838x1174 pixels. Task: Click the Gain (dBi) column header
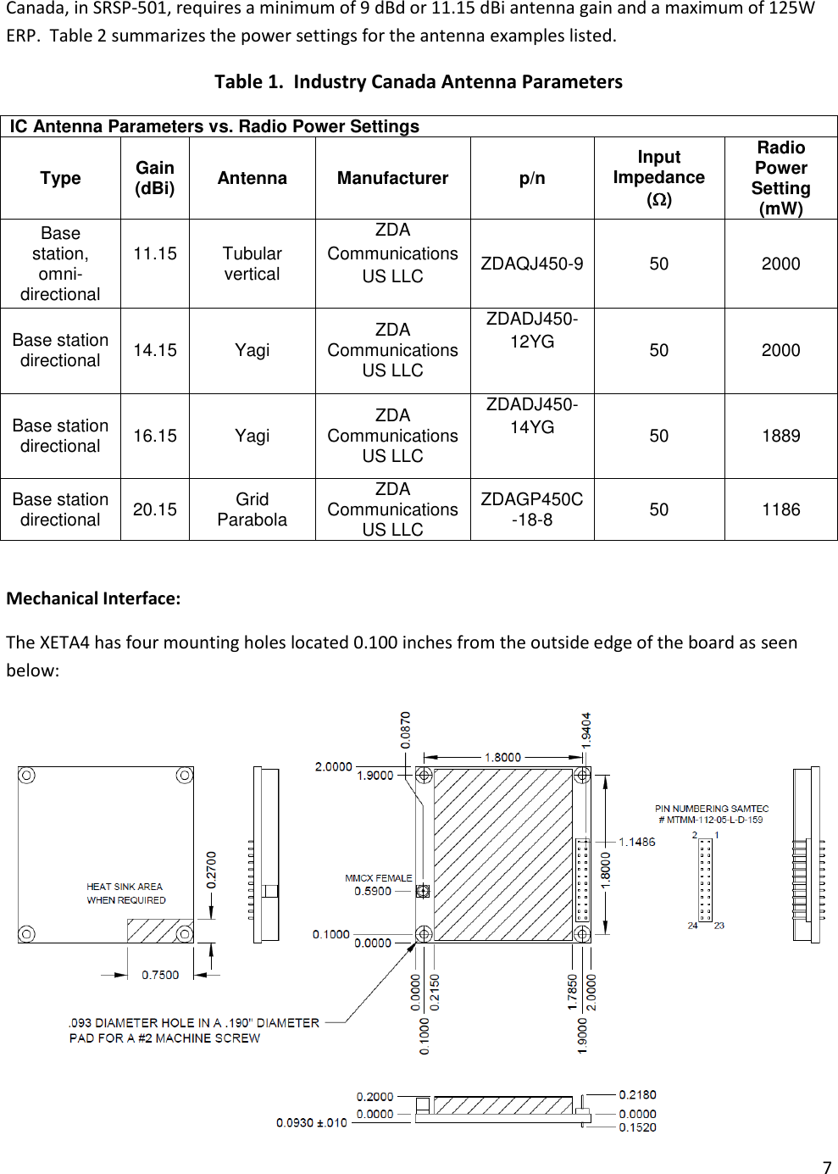pos(155,178)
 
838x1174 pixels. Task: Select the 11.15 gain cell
pos(155,253)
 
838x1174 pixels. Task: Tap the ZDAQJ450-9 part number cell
pos(532,264)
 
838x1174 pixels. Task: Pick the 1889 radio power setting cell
pos(780,436)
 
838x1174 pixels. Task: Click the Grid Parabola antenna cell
pos(252,509)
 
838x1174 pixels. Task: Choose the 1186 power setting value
pos(780,509)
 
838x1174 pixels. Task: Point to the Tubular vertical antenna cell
pos(252,264)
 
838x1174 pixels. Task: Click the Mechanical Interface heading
pos(93,598)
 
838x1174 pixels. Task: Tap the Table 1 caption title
pos(418,81)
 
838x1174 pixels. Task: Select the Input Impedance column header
pos(658,178)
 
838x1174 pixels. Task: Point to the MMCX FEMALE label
pos(378,878)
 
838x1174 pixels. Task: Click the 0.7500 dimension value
pos(160,975)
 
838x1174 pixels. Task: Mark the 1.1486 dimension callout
pos(636,842)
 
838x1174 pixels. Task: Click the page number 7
pos(827,1167)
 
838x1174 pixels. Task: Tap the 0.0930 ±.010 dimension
pos(311,1122)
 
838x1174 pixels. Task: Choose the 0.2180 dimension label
pos(637,1094)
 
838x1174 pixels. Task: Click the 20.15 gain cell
pos(155,509)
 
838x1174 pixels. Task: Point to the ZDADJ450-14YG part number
pos(532,415)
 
